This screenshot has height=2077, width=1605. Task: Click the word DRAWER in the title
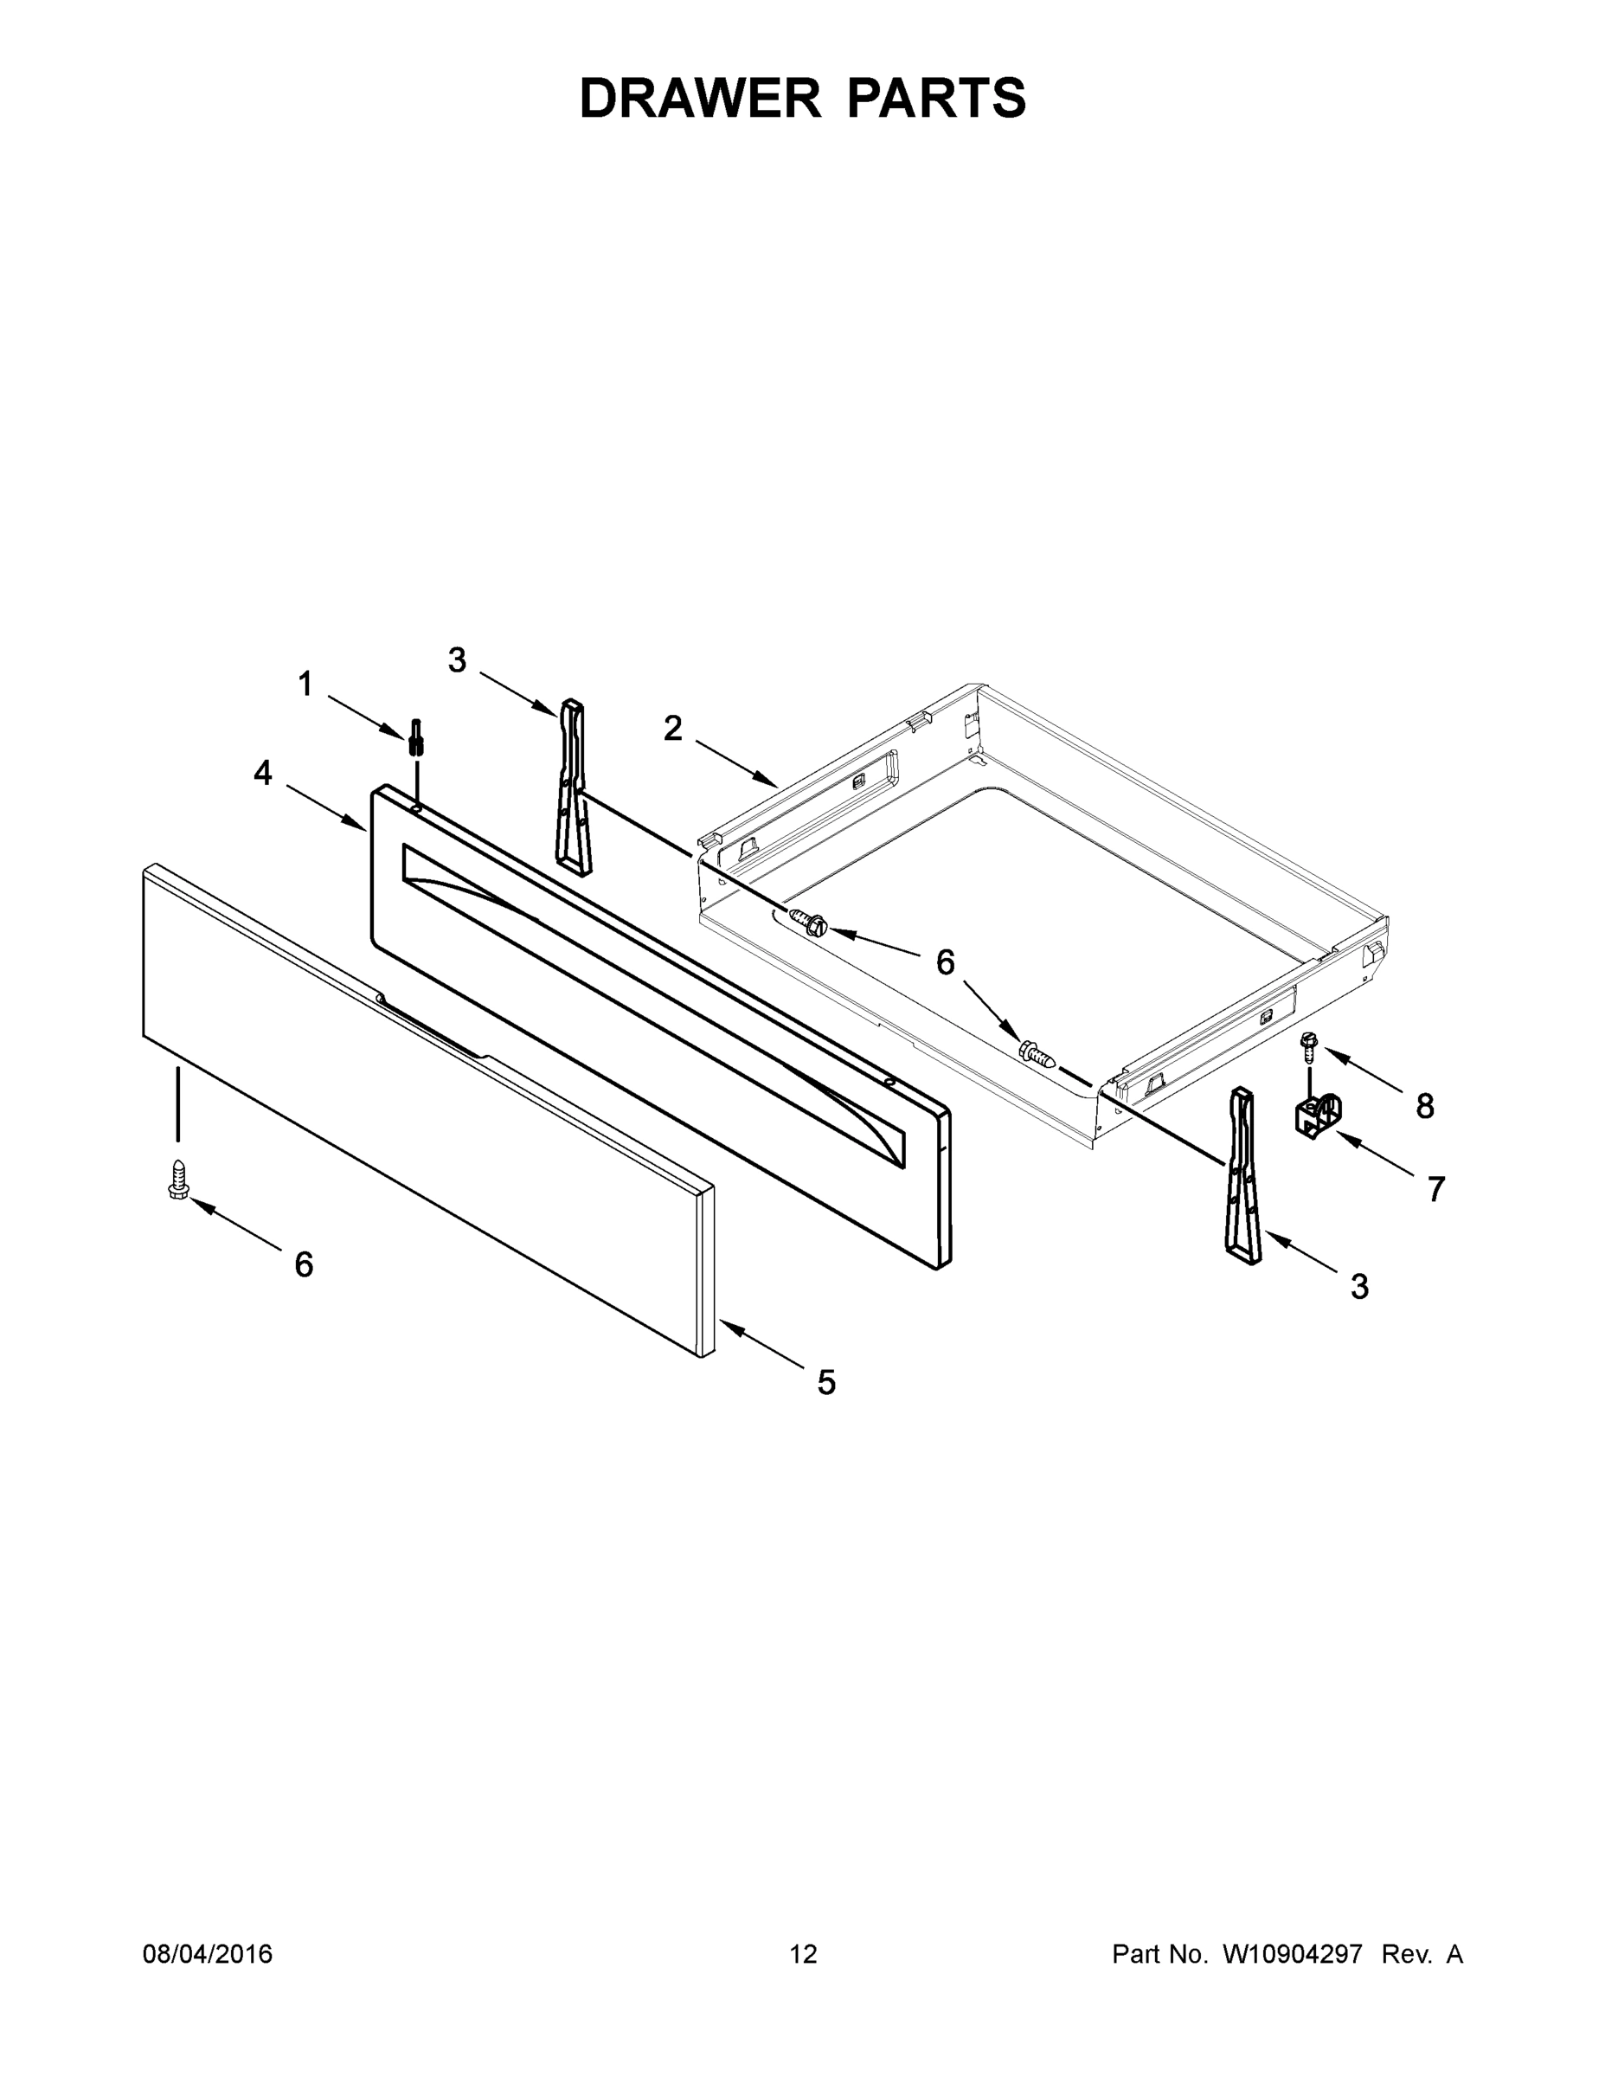(700, 98)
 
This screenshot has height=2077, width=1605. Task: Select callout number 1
(305, 684)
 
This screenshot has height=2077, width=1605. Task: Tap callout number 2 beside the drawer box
(672, 730)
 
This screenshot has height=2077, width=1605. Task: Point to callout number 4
(262, 773)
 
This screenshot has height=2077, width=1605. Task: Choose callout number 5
(826, 1382)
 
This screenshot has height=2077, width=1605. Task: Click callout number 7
(1435, 1188)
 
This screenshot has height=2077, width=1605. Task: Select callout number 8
(1424, 1105)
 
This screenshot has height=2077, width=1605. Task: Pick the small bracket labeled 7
(1317, 1116)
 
